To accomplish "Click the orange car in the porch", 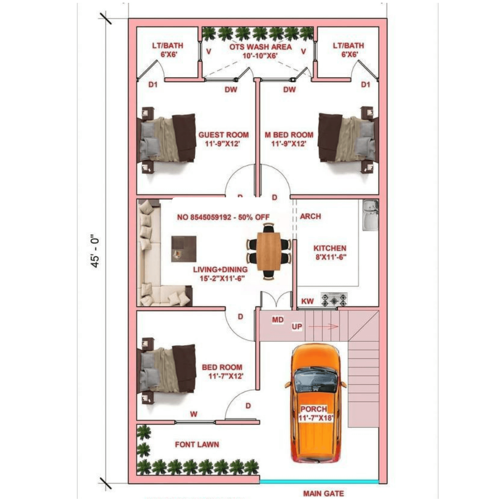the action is [315, 402].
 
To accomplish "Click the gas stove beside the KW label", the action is [334, 300].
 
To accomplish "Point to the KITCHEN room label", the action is [330, 248].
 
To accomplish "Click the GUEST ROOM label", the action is [223, 135].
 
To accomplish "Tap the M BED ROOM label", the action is [289, 135].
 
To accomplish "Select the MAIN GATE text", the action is [323, 494].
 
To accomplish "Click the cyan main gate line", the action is [319, 481].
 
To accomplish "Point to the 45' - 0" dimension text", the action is [96, 250].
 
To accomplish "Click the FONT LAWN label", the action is [197, 445].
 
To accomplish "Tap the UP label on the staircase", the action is [297, 327].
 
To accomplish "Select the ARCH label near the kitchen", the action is [310, 216].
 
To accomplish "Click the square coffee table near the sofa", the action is [184, 249].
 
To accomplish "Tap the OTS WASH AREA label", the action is [260, 47].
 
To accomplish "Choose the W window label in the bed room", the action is [193, 414].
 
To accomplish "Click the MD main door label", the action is [278, 320].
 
